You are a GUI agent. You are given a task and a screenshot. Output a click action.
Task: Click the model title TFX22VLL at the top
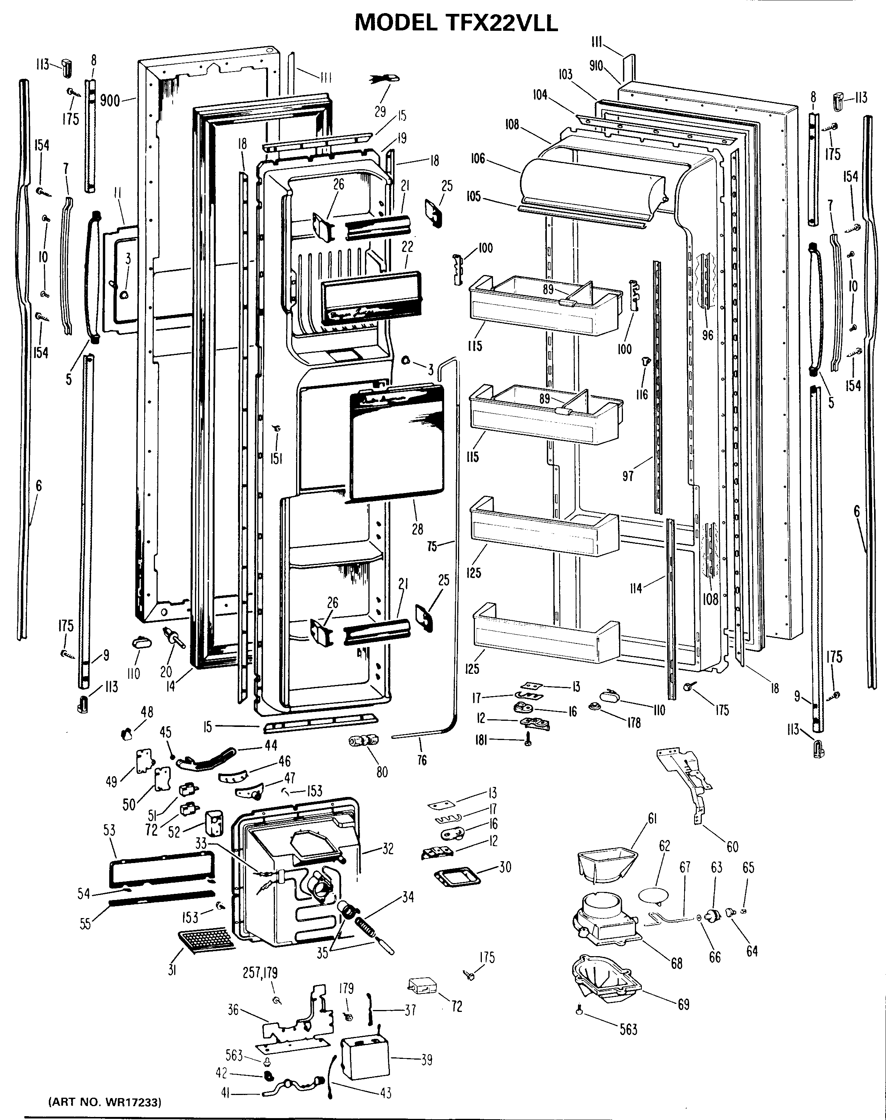[456, 23]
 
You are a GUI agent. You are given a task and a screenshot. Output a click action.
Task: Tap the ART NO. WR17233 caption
[104, 1099]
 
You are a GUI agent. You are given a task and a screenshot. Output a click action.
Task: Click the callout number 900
[110, 100]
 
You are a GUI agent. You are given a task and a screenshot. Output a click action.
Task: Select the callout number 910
[596, 66]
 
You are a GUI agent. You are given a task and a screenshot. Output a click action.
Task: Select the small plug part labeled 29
[386, 78]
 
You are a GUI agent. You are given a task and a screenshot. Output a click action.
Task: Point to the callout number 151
[276, 458]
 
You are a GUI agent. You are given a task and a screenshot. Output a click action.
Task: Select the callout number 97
[628, 475]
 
